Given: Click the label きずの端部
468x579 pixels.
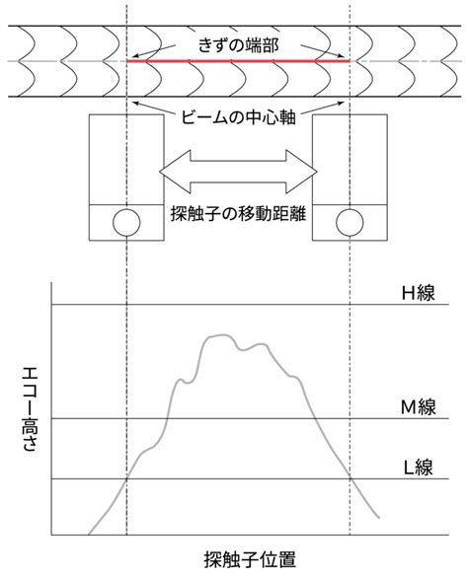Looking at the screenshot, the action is (x=238, y=45).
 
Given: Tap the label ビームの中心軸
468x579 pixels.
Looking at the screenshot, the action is (x=238, y=117).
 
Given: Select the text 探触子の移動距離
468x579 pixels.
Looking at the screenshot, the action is (x=238, y=214).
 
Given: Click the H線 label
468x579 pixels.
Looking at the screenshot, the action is (x=418, y=293).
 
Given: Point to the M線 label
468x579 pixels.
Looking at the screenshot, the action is (x=419, y=407).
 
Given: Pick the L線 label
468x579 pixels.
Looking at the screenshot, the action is (x=418, y=468).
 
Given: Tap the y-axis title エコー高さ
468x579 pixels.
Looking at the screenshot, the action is (x=30, y=410).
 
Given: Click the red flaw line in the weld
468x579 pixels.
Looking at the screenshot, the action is (x=238, y=60).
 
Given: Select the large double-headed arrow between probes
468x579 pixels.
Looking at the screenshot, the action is (x=238, y=172).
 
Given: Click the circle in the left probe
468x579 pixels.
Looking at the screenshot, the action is (x=126, y=223).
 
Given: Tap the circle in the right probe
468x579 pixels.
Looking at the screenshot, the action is (x=350, y=223).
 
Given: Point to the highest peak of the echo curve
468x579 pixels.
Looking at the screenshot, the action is (x=221, y=335).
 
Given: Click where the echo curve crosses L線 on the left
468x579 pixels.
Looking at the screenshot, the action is (x=126, y=479).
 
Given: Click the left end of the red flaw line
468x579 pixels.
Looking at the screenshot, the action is (x=127, y=60).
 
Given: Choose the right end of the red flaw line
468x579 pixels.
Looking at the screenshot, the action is (x=350, y=60).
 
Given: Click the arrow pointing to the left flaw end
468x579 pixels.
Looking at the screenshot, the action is (x=154, y=51).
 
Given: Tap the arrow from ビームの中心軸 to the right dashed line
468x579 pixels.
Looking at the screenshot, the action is (x=322, y=108).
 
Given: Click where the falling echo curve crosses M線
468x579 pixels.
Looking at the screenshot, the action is (x=315, y=418).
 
